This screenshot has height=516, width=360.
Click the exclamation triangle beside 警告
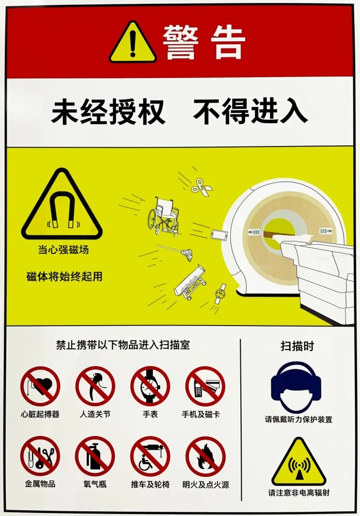point(133,43)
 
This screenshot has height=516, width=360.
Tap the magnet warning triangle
point(62,206)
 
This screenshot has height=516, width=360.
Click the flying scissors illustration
point(201,187)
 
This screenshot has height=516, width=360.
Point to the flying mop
point(175,251)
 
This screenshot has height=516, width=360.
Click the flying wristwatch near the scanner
point(220,293)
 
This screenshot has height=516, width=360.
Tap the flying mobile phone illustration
point(220,235)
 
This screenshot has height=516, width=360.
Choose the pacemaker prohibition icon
point(40,386)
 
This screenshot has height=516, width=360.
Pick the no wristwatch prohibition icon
point(150,386)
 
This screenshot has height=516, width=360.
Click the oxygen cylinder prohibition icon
point(95,456)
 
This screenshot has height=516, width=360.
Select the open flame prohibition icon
point(206,456)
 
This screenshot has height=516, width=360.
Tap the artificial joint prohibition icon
point(95,386)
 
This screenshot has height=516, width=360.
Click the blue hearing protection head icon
point(296,386)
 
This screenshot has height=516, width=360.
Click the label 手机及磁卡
point(201,414)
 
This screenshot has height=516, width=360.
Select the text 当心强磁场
point(63,250)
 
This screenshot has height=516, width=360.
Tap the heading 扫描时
point(297,346)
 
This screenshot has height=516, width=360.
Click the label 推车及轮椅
point(150,485)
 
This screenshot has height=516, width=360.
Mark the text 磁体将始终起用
point(64,277)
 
